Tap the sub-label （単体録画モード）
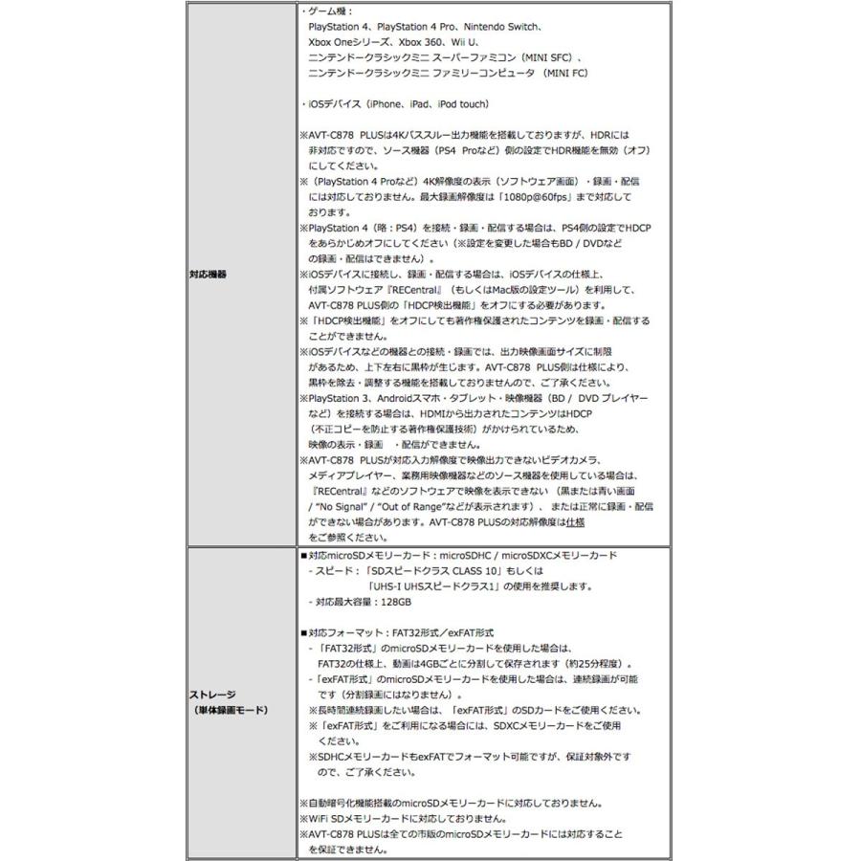click(x=228, y=710)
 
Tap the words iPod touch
click(x=462, y=103)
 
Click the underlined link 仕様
click(x=574, y=522)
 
